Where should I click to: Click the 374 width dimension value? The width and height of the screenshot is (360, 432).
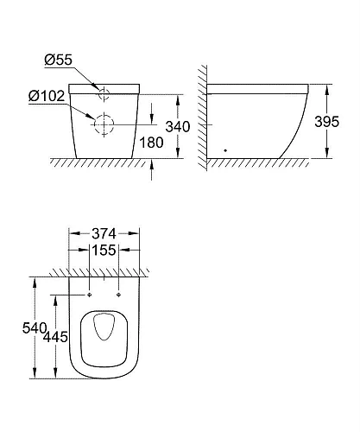(104, 232)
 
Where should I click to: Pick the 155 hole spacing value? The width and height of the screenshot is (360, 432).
(104, 250)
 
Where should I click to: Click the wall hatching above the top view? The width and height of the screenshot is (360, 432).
(104, 272)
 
